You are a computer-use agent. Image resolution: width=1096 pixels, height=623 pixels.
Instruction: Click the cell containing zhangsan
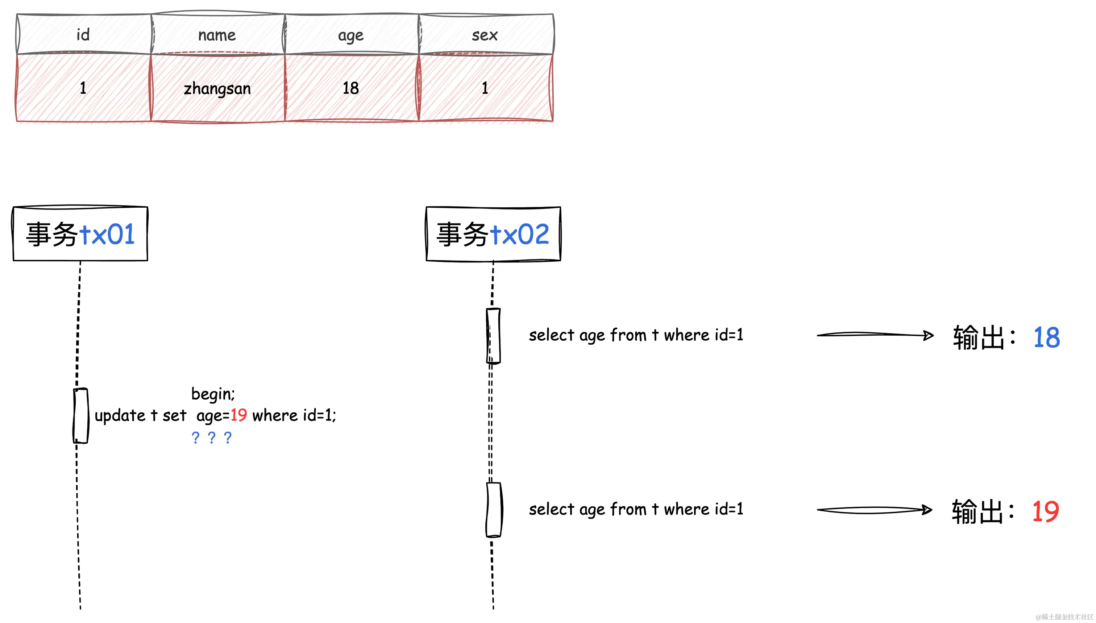[x=217, y=88]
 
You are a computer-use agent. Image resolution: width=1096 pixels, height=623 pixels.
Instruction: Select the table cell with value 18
[x=351, y=88]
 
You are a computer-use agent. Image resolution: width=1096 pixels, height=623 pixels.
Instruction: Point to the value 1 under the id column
[x=83, y=88]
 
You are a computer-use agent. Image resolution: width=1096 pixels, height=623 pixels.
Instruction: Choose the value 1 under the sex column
[x=485, y=88]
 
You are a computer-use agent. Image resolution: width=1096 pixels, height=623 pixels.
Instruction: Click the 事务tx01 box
[x=80, y=234]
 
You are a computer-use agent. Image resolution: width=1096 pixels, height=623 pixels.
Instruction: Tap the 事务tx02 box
[x=493, y=234]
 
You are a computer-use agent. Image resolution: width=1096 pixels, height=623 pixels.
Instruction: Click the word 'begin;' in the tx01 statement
[x=213, y=394]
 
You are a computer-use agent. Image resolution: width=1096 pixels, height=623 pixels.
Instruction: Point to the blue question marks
[x=212, y=437]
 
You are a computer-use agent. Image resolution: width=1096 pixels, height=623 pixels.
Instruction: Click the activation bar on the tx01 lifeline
[x=80, y=415]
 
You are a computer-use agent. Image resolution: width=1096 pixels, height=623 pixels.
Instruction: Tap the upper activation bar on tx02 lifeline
[x=493, y=336]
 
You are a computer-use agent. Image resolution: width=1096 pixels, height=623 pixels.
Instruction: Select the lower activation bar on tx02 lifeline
[x=494, y=509]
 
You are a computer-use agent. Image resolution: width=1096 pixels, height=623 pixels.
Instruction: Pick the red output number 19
[x=1045, y=511]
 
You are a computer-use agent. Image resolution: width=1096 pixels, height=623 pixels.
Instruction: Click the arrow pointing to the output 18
[x=875, y=335]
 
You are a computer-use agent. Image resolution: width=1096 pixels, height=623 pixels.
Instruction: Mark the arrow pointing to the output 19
[x=875, y=510]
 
